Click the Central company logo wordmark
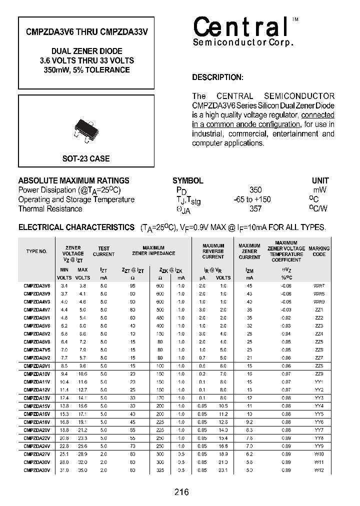pos(240,27)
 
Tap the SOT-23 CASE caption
pos(86,158)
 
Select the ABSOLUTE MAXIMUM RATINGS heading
pos(73,180)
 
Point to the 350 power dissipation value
pos(255,190)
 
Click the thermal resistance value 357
pos(255,209)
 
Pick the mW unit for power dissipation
pos(319,190)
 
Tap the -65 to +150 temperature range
pos(252,199)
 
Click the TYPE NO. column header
pos(36,251)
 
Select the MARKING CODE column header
pos(319,251)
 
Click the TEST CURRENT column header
pos(103,251)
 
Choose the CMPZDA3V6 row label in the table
pos(36,285)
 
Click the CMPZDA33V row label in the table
pos(36,469)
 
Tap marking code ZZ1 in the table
pos(319,309)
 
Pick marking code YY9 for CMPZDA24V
pos(319,445)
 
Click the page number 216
pos(181,492)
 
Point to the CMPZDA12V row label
pos(36,389)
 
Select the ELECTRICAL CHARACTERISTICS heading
pos(76,227)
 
